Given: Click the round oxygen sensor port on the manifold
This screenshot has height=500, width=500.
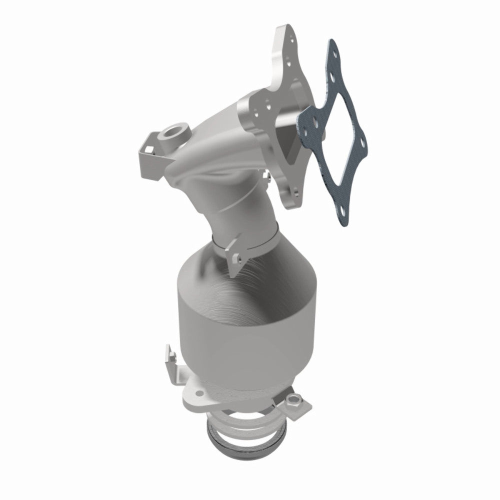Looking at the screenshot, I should (x=167, y=134).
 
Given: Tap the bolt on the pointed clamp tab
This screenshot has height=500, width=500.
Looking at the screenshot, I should (x=237, y=258).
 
